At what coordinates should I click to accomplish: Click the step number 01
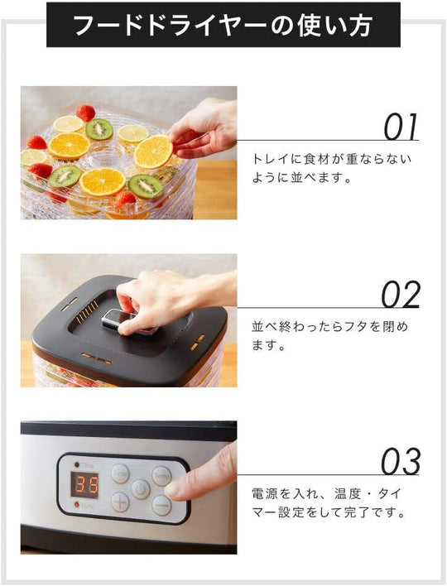pyautogui.click(x=401, y=127)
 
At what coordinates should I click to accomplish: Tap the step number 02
pyautogui.click(x=401, y=295)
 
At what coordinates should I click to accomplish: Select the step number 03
pyautogui.click(x=401, y=462)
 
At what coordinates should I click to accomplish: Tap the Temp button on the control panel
pyautogui.click(x=161, y=476)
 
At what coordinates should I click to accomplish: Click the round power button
pyautogui.click(x=141, y=489)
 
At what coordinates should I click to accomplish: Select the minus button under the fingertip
pyautogui.click(x=161, y=505)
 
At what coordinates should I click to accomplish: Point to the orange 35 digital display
pyautogui.click(x=84, y=485)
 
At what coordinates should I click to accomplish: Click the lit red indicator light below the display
pyautogui.click(x=77, y=505)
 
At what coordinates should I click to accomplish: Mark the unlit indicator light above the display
pyautogui.click(x=77, y=464)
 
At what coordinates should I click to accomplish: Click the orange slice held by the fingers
pyautogui.click(x=153, y=151)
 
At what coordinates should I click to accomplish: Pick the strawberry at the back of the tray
pyautogui.click(x=85, y=113)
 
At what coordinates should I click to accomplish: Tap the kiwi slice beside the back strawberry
pyautogui.click(x=99, y=129)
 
